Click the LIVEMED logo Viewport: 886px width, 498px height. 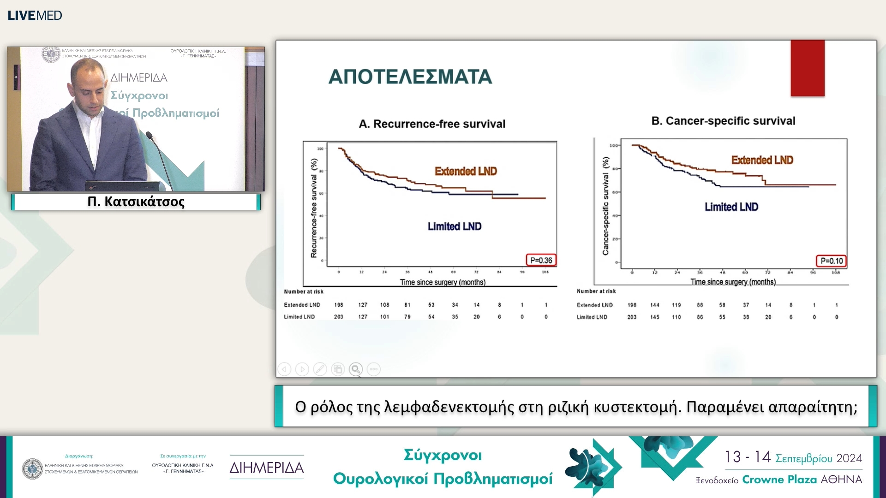coord(35,15)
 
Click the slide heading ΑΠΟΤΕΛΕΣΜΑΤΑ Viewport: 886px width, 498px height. coord(410,77)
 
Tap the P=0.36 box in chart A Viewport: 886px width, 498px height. coord(541,260)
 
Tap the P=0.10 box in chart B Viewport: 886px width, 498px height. coord(832,261)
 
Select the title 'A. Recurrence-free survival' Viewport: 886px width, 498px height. coord(432,124)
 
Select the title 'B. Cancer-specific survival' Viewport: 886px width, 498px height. coord(723,121)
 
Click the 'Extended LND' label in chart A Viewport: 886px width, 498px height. coord(466,171)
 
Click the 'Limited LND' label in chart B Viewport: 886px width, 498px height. coord(731,207)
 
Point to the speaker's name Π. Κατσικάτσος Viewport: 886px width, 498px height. coord(136,202)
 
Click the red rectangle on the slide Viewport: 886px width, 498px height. coord(807,68)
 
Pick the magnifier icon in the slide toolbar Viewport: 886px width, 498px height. coord(355,369)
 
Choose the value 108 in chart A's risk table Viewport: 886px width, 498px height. coord(384,305)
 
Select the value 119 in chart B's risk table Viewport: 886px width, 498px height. coord(676,305)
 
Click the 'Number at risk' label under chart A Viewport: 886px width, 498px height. coord(304,291)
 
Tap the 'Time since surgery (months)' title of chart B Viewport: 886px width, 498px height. coord(732,282)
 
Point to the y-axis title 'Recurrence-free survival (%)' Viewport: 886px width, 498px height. coord(314,208)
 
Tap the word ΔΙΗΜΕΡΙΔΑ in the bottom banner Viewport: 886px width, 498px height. coord(267,468)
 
